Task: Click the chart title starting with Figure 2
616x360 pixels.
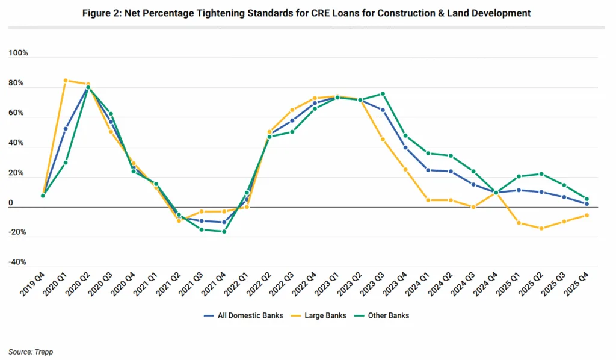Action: click(307, 13)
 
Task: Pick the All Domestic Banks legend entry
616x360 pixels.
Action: click(250, 315)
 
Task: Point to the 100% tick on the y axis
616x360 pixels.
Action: click(19, 54)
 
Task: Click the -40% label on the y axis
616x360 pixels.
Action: click(19, 262)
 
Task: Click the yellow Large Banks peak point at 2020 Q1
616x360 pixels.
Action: click(66, 81)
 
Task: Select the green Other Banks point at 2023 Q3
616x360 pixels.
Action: click(383, 94)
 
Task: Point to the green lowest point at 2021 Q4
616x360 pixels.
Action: click(224, 231)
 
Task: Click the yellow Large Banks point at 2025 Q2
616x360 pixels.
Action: click(541, 228)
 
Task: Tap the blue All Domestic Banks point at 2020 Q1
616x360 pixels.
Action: click(66, 128)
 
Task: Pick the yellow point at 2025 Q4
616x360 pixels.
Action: click(587, 216)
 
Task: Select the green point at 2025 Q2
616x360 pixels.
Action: click(541, 174)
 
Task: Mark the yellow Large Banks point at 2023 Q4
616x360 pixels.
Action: click(405, 170)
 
